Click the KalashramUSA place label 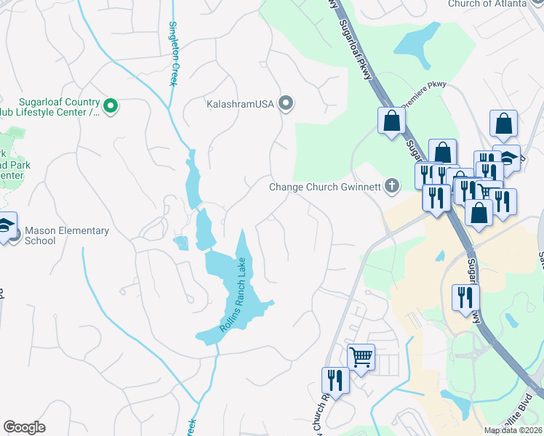click(239, 104)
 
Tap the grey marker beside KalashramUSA click(287, 104)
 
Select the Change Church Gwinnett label click(325, 187)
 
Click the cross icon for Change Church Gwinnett click(393, 186)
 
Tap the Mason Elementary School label click(66, 235)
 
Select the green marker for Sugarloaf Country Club click(111, 107)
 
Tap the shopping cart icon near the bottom click(361, 357)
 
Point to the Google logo click(24, 427)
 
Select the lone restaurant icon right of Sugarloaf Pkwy click(465, 297)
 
